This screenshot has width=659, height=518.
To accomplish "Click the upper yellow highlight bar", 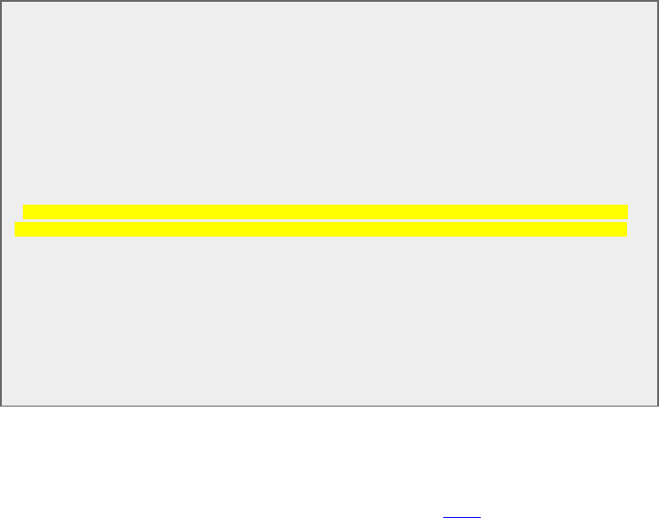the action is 325,211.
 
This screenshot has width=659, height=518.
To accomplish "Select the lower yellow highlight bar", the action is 320,229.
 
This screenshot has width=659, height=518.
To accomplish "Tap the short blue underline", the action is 462,517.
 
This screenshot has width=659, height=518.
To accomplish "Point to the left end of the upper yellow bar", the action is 25,211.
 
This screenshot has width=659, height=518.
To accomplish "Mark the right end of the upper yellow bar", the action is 627,211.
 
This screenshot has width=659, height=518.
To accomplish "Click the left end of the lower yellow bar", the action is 16,229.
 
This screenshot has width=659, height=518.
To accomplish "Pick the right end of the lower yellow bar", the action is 625,229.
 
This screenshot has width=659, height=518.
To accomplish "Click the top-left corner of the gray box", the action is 1,1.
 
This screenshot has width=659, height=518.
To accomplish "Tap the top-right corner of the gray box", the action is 657,1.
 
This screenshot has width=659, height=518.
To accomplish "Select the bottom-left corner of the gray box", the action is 1,405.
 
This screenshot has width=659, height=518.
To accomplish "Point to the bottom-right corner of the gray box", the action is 657,405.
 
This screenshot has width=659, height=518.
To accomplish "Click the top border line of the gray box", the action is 329,1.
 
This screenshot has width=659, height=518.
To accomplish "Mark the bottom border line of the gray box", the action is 329,405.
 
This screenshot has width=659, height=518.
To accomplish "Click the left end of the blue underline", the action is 444,517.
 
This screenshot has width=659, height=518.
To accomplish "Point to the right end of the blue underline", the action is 480,517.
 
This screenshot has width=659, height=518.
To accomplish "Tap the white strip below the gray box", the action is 329,457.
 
